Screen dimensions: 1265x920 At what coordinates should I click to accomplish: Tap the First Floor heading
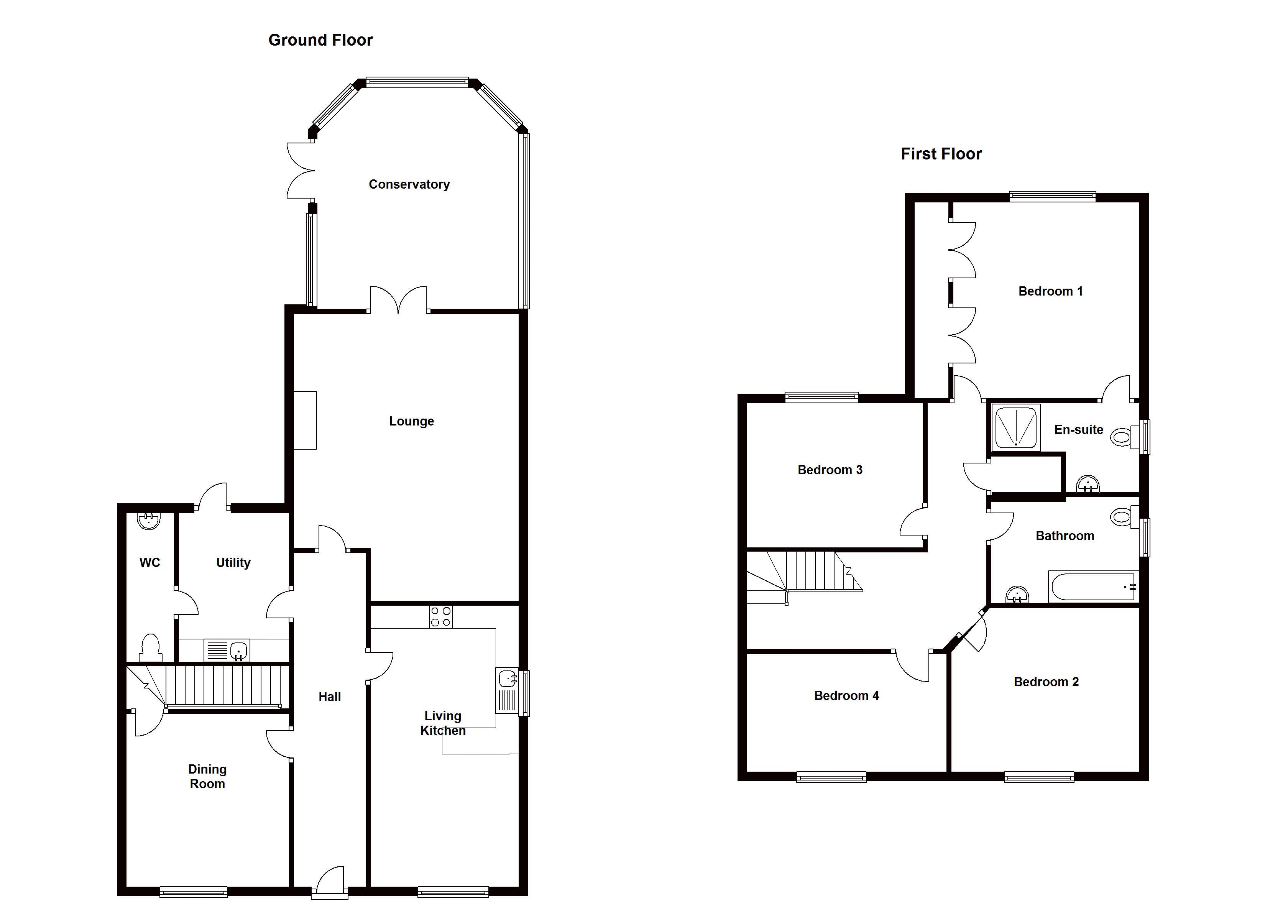pos(941,154)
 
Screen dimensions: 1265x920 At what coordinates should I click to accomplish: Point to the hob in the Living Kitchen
pos(440,616)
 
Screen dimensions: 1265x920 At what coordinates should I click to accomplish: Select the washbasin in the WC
pos(148,521)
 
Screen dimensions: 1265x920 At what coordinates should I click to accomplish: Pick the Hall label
pos(330,697)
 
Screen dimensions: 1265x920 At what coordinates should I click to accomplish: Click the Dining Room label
pos(207,777)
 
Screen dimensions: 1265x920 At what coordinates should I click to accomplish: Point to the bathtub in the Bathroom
pos(1092,586)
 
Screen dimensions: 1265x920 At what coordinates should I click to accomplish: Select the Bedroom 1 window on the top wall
pos(1053,196)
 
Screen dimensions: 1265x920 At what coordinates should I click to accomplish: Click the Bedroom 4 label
pos(847,696)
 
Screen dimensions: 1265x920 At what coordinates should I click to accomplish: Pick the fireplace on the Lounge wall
pos(305,420)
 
